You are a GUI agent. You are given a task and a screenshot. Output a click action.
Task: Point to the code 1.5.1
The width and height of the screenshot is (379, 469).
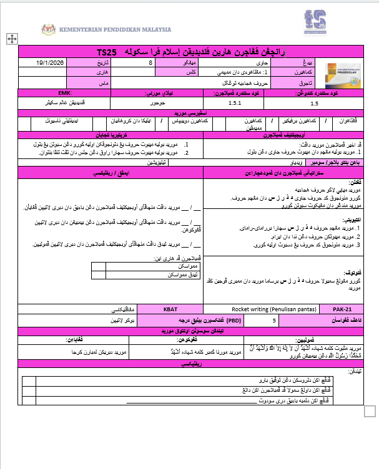tap(235, 103)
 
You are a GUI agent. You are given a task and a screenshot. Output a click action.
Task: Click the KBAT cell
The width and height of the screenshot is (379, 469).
tap(170, 308)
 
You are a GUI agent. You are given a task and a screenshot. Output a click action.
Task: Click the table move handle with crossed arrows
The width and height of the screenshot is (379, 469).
tap(11, 39)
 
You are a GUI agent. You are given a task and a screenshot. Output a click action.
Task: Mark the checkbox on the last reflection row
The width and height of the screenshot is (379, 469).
tap(26, 401)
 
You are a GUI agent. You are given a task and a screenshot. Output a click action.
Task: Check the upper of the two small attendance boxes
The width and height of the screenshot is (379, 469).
tap(99, 265)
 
